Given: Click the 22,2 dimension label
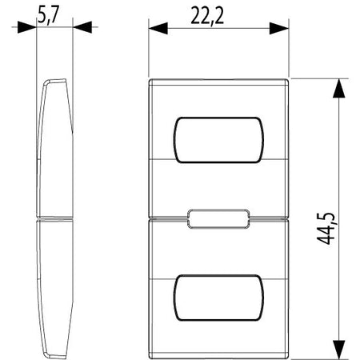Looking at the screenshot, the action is click(207, 17).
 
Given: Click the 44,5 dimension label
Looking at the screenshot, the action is click(326, 229).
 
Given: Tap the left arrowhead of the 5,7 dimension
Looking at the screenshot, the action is click(26, 27).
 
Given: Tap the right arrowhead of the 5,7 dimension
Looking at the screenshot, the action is click(82, 27).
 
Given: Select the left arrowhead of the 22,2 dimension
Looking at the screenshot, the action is click(158, 29).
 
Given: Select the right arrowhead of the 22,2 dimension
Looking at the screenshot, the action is click(279, 29).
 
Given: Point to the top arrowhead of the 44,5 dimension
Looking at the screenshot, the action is click(339, 88).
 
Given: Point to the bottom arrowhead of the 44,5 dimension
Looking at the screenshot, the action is click(339, 349).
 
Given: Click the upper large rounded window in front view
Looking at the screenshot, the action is click(218, 140).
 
